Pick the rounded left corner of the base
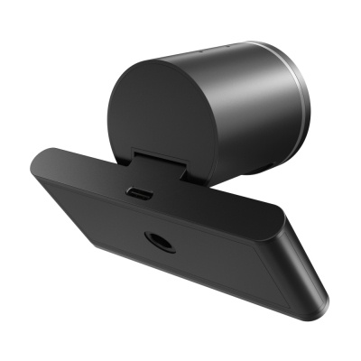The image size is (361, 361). point(36,167)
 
